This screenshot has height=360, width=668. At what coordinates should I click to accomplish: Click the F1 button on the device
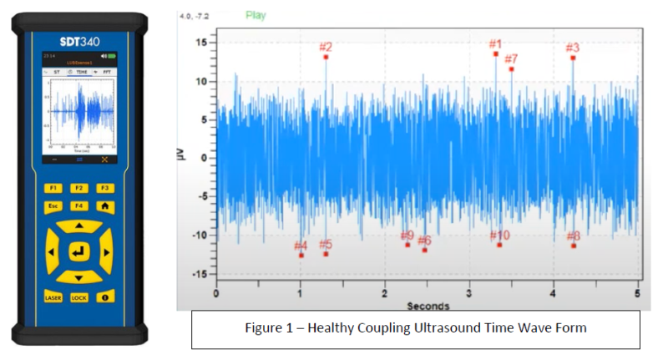click(53, 188)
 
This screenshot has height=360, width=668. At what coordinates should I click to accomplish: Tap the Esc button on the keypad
click(53, 205)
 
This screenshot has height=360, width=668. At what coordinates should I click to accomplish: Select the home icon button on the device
click(106, 205)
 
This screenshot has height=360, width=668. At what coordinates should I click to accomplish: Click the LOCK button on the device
click(79, 297)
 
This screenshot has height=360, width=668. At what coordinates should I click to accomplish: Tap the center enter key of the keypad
click(79, 251)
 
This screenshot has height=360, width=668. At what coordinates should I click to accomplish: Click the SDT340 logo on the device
click(79, 39)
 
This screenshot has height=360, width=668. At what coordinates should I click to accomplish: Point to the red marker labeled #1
click(496, 53)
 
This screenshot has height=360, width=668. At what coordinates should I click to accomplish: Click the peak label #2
click(326, 48)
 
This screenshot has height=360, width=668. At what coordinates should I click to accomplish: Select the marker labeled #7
click(511, 68)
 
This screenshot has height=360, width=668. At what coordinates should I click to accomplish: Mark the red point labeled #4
click(301, 255)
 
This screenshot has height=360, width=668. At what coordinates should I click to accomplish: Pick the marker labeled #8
click(574, 245)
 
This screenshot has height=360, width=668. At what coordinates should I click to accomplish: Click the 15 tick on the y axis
click(200, 43)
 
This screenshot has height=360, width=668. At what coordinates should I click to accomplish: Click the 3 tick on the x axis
click(469, 294)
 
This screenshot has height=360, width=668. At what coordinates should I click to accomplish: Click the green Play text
click(256, 14)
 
